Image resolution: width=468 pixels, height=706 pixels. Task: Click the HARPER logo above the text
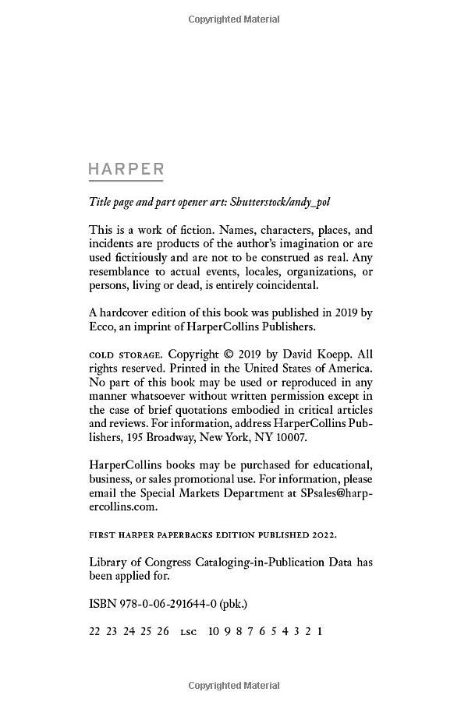pos(126,169)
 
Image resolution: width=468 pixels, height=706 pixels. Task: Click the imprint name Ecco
pos(103,327)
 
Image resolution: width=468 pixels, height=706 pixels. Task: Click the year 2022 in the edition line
pos(324,535)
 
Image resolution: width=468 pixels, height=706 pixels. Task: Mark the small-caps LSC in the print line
pos(188,632)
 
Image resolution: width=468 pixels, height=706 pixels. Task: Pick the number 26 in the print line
pos(162,631)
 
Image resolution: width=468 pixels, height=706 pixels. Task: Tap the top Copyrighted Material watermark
pos(234,18)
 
